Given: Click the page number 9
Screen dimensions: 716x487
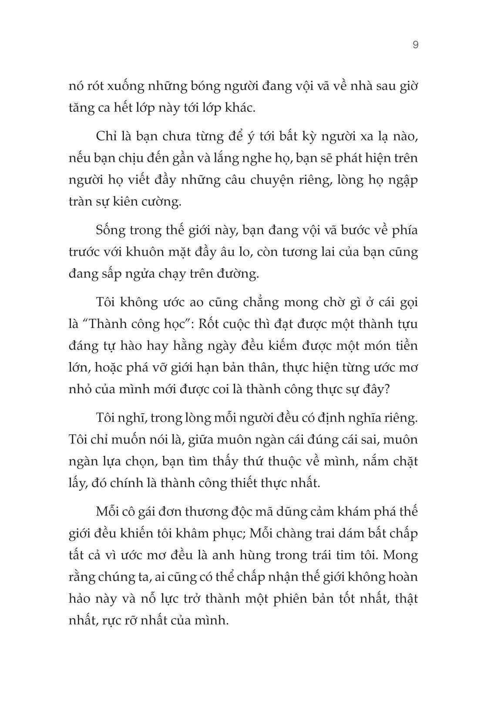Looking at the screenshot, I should coord(415,45).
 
